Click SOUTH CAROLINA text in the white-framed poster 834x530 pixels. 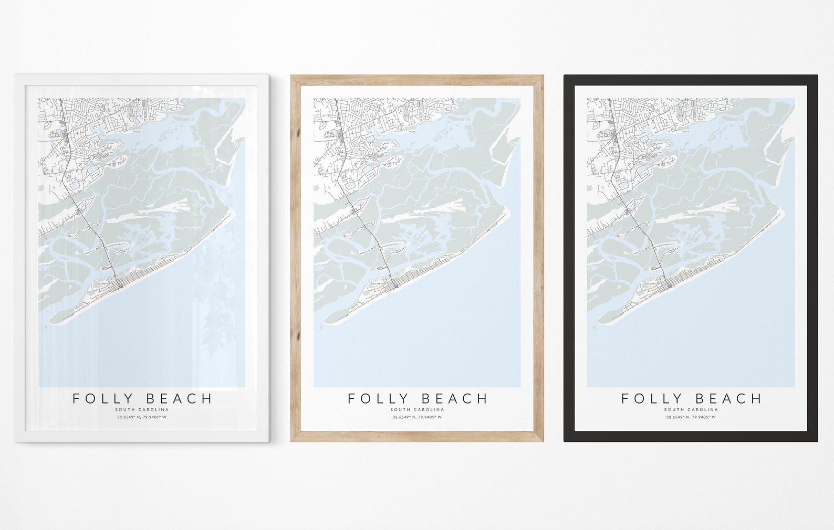pyautogui.click(x=142, y=409)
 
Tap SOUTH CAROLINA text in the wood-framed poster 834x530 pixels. pyautogui.click(x=418, y=409)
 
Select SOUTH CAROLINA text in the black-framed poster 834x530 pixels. pyautogui.click(x=691, y=409)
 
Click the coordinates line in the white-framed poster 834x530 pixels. pyautogui.click(x=142, y=417)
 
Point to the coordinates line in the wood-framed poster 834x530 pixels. pyautogui.click(x=418, y=417)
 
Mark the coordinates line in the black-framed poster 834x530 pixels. pyautogui.click(x=691, y=417)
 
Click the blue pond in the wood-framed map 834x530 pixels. pyautogui.click(x=349, y=185)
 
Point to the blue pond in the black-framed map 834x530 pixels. pyautogui.click(x=623, y=185)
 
